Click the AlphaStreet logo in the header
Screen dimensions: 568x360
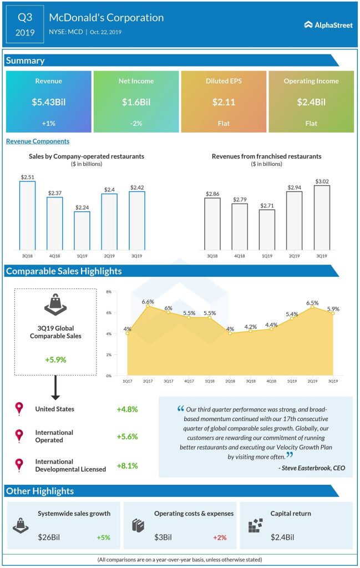328,24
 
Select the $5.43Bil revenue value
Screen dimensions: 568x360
49,102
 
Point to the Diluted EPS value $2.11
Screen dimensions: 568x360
224,102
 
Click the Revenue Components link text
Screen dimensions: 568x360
38,141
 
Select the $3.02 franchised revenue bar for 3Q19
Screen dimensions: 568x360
322,217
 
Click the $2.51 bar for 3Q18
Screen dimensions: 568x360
27,215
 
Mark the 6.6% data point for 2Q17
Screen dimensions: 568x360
148,306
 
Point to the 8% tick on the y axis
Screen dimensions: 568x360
109,292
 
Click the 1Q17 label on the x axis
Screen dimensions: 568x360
128,382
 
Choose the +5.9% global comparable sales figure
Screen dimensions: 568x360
55,359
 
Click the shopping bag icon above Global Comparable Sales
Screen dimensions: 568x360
55,305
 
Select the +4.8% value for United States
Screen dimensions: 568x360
127,409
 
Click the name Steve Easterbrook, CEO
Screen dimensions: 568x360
312,468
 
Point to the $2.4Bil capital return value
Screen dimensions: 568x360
282,537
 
